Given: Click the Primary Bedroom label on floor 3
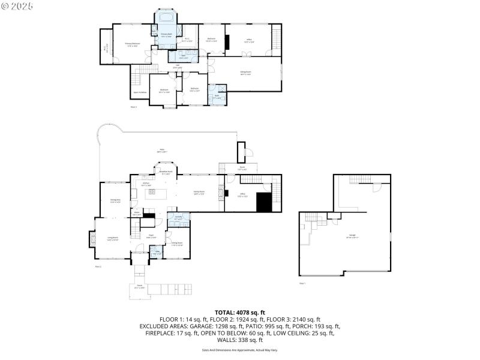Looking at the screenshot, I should pyautogui.click(x=132, y=44).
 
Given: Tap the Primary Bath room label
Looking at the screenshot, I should pyautogui.click(x=166, y=35).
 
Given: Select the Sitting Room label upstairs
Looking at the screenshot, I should pyautogui.click(x=245, y=72).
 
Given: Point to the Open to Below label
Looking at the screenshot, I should pyautogui.click(x=140, y=92).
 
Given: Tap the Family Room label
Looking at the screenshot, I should pyautogui.click(x=199, y=193).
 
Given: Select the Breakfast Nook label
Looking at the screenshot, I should pyautogui.click(x=166, y=172).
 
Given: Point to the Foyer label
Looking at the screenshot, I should pyautogui.click(x=152, y=235).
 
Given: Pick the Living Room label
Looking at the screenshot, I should pyautogui.click(x=112, y=239).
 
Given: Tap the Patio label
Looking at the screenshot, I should pyautogui.click(x=161, y=150).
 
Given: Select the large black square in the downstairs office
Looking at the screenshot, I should pyautogui.click(x=265, y=202).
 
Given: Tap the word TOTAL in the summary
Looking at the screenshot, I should pyautogui.click(x=225, y=312).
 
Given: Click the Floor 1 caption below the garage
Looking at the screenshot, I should pyautogui.click(x=302, y=283).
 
